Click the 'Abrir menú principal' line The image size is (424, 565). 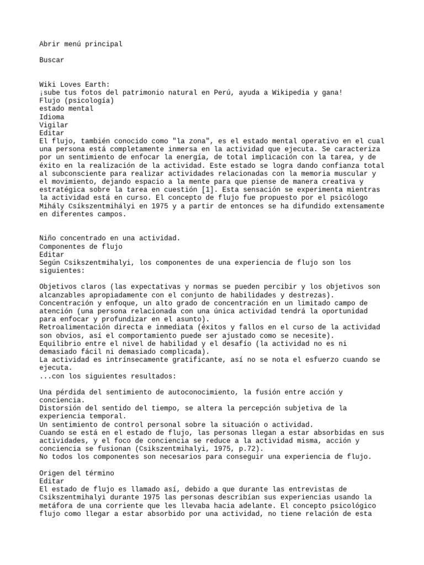point(81,44)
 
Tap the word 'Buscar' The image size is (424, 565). point(51,60)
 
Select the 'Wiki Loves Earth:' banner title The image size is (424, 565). point(74,84)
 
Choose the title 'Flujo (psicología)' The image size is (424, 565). point(77,100)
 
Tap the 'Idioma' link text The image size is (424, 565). point(51,117)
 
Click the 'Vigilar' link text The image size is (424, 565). point(54,125)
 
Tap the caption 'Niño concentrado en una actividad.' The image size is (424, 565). point(110,238)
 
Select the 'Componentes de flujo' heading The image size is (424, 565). point(81,247)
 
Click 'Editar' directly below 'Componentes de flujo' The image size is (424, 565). point(51,254)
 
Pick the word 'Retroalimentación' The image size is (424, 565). point(74,327)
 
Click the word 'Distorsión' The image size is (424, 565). point(60,408)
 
